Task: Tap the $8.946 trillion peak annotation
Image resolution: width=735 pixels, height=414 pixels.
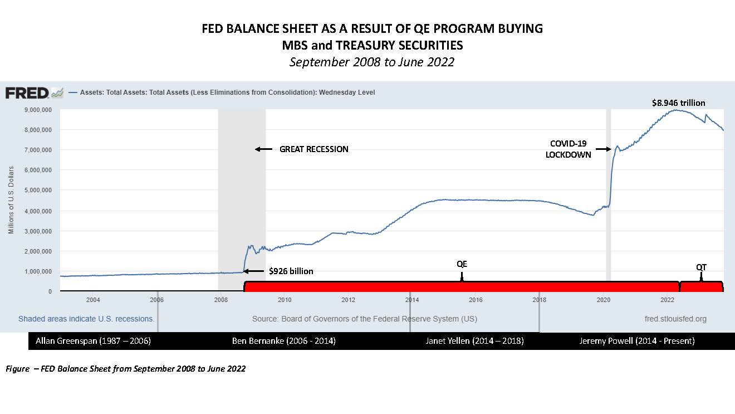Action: (678, 103)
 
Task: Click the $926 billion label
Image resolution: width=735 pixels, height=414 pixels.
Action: (291, 271)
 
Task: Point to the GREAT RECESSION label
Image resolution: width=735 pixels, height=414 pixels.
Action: (313, 149)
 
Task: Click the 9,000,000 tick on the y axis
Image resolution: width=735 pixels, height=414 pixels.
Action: (36, 110)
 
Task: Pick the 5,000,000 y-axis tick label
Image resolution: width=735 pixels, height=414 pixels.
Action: (36, 190)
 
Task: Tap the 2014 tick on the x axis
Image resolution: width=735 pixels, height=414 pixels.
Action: (412, 300)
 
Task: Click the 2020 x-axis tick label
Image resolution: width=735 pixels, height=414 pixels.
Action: (604, 300)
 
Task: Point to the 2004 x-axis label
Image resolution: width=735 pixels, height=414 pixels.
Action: (92, 300)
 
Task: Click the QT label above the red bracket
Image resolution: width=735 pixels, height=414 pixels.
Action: (701, 267)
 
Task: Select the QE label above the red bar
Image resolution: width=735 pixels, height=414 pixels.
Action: (462, 264)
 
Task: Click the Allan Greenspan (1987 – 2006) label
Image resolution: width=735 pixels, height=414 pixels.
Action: (93, 341)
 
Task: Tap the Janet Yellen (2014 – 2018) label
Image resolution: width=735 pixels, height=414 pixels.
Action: (474, 341)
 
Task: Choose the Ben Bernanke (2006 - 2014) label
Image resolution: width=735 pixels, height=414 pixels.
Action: (283, 341)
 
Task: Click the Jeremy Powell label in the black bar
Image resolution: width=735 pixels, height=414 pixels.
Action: (636, 341)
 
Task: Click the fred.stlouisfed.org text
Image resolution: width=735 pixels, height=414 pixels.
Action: (674, 319)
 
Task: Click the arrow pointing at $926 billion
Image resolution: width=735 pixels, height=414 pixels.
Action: (254, 271)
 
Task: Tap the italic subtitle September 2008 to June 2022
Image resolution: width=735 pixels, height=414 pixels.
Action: (371, 62)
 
